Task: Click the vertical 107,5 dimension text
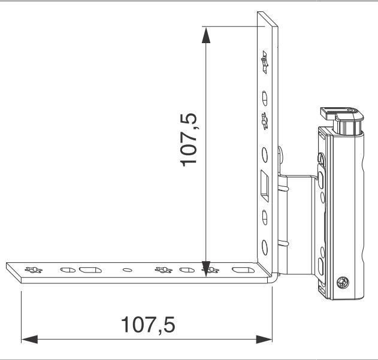[189, 140]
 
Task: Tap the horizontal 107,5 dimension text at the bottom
[148, 325]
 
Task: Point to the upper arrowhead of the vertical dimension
[206, 36]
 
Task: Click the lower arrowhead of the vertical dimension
[206, 269]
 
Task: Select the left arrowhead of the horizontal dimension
[29, 339]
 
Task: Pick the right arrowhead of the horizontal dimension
[264, 339]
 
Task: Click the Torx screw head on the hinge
[343, 282]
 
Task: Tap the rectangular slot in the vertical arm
[265, 186]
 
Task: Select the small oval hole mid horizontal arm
[127, 270]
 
